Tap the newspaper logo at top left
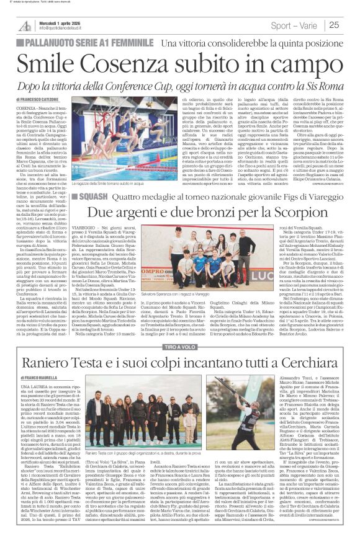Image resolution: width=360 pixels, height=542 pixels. tap(24, 24)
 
